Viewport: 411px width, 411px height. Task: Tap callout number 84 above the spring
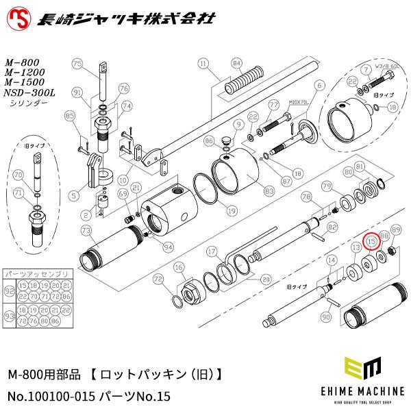(x=236, y=63)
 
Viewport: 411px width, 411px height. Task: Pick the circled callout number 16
(x=179, y=267)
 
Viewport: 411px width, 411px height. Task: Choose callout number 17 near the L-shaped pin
(x=212, y=251)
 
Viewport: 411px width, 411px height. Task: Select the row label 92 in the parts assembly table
(x=9, y=290)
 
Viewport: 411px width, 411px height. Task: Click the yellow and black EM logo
(x=364, y=370)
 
